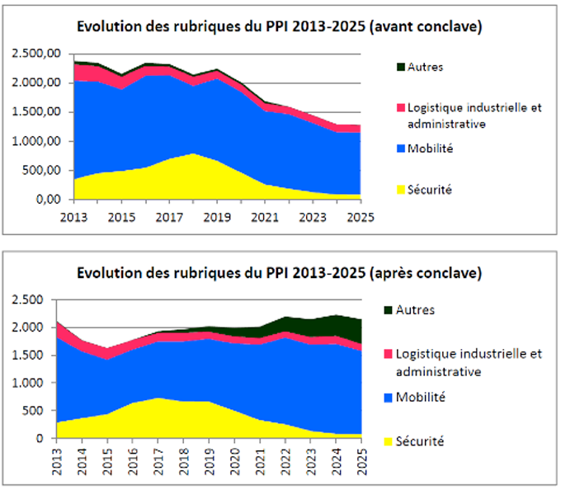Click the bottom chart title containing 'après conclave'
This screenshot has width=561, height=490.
coord(280,272)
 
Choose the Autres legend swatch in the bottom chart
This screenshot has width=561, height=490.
coord(389,310)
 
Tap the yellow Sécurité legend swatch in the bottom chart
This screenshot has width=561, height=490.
coord(389,441)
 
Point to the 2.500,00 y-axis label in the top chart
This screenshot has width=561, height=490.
coord(36,54)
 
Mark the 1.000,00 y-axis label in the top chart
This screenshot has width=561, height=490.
coord(36,141)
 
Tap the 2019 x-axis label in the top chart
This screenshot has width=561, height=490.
coord(216,217)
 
